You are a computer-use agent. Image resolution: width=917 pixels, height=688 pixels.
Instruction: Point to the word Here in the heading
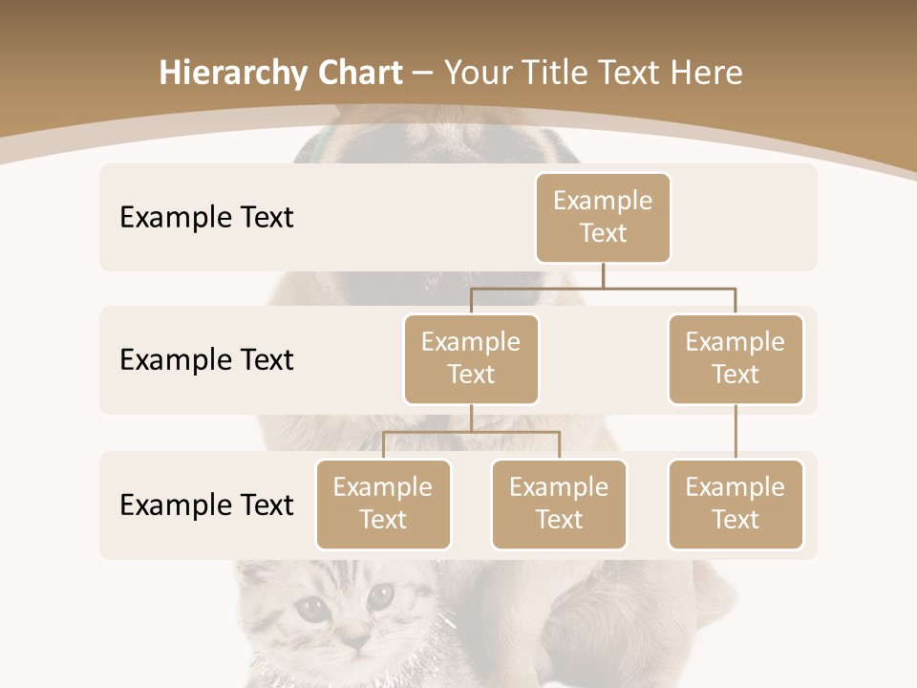click(704, 74)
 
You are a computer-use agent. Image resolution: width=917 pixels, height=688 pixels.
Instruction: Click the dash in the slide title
click(422, 74)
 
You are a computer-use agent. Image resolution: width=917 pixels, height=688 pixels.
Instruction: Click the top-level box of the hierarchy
click(603, 217)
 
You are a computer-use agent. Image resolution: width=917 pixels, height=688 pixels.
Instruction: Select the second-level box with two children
click(471, 358)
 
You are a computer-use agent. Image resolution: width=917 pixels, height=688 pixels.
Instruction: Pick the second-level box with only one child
click(736, 358)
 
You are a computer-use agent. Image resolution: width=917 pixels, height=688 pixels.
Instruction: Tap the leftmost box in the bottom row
click(383, 504)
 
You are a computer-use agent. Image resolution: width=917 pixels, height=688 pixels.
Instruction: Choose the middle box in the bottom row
click(559, 504)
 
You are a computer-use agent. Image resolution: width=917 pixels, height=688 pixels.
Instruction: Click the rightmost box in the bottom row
click(736, 504)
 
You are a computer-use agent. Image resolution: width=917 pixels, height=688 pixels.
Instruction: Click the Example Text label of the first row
click(206, 218)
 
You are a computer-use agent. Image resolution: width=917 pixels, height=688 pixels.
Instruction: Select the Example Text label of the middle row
click(206, 360)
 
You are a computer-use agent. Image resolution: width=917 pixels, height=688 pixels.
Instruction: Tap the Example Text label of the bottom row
click(206, 505)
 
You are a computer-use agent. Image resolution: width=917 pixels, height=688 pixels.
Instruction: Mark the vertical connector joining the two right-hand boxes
click(736, 432)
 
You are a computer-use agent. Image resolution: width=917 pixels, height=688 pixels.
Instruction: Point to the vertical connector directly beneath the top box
click(603, 275)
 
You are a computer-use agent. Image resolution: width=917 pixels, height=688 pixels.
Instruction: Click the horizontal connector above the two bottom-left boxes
click(471, 432)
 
